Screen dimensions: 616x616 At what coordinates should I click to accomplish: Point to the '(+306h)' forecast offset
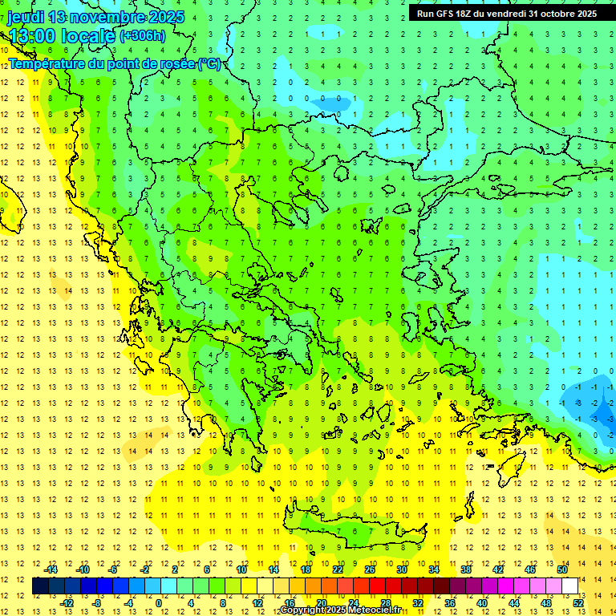pyautogui.click(x=143, y=36)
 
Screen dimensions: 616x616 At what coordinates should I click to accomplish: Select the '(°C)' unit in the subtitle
pyautogui.click(x=210, y=63)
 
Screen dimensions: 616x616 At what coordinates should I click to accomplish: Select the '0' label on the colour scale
pyautogui.click(x=158, y=603)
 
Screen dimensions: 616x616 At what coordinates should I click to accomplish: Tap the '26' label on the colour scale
pyautogui.click(x=370, y=569)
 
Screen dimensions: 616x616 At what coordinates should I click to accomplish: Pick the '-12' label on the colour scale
pyautogui.click(x=67, y=603)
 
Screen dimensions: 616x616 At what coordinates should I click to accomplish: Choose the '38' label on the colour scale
pyautogui.click(x=466, y=569)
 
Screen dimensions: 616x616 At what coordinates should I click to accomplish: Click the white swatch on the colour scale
pyautogui.click(x=570, y=586)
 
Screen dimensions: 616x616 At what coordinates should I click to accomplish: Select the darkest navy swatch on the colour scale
pyautogui.click(x=41, y=586)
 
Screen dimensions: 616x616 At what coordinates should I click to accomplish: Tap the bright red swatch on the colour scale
pyautogui.click(x=378, y=586)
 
